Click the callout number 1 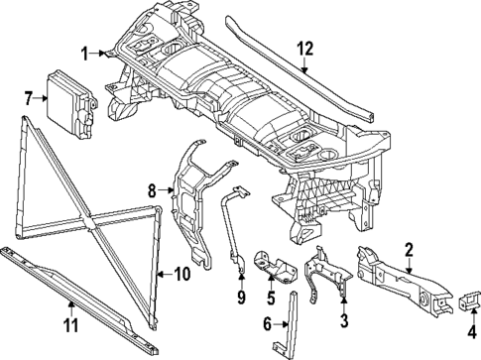click(85, 54)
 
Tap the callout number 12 click(304, 50)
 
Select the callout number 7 click(29, 98)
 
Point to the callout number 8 click(152, 190)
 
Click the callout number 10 click(182, 274)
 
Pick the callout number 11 click(71, 325)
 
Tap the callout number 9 click(241, 298)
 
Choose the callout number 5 click(271, 299)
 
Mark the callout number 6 click(267, 324)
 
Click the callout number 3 click(344, 320)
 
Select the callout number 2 click(409, 250)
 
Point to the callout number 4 click(473, 331)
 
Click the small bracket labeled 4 click(469, 300)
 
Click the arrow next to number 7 click(41, 98)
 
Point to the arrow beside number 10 click(165, 274)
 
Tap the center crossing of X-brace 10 click(88, 222)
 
